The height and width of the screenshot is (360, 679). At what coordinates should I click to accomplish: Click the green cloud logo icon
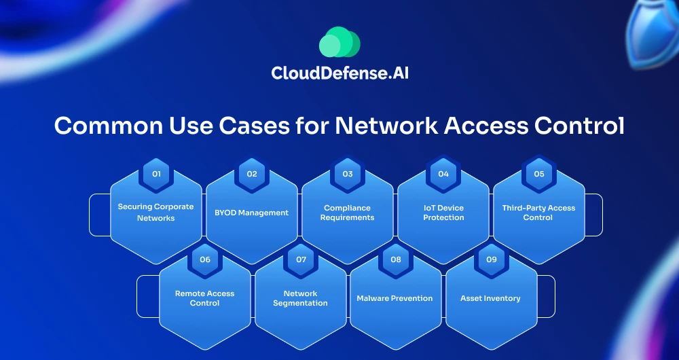click(339, 43)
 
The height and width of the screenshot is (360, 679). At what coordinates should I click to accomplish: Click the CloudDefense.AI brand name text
click(339, 73)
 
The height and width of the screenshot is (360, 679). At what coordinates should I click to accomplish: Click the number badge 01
click(156, 174)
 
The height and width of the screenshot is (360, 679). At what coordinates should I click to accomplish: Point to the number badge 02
click(252, 174)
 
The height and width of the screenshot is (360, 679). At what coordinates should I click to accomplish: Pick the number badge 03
click(348, 174)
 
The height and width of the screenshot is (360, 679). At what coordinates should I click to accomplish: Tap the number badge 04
click(443, 174)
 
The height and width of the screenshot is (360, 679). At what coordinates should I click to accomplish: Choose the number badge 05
click(539, 174)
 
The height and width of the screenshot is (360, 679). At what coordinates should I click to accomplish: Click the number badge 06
click(205, 259)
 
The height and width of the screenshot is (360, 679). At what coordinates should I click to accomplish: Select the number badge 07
click(301, 259)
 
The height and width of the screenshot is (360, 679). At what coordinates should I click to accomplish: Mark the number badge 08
click(396, 259)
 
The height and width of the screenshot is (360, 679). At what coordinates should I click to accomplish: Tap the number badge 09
click(492, 259)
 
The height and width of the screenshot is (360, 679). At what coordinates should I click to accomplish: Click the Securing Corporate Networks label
click(156, 213)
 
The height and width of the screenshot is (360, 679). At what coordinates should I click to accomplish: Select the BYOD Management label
click(252, 213)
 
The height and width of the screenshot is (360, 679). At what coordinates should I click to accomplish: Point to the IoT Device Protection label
click(443, 213)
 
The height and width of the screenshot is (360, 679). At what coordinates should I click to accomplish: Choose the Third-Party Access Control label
click(538, 213)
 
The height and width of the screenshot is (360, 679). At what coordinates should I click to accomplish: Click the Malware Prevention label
click(394, 298)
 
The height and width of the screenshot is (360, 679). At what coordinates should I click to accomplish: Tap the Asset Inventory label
click(490, 298)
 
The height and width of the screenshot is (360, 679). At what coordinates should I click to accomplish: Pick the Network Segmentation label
click(300, 298)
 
